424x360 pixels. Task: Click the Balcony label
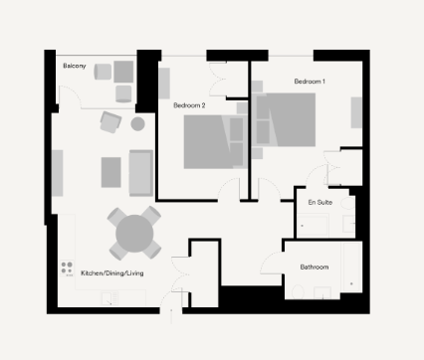click(x=74, y=66)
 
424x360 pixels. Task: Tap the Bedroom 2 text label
click(x=189, y=104)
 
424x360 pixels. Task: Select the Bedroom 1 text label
click(x=310, y=80)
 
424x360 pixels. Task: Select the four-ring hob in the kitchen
click(x=69, y=267)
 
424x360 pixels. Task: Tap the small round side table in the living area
click(x=138, y=124)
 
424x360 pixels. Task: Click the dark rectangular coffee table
click(x=110, y=171)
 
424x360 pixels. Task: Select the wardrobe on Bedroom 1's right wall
click(x=355, y=112)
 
